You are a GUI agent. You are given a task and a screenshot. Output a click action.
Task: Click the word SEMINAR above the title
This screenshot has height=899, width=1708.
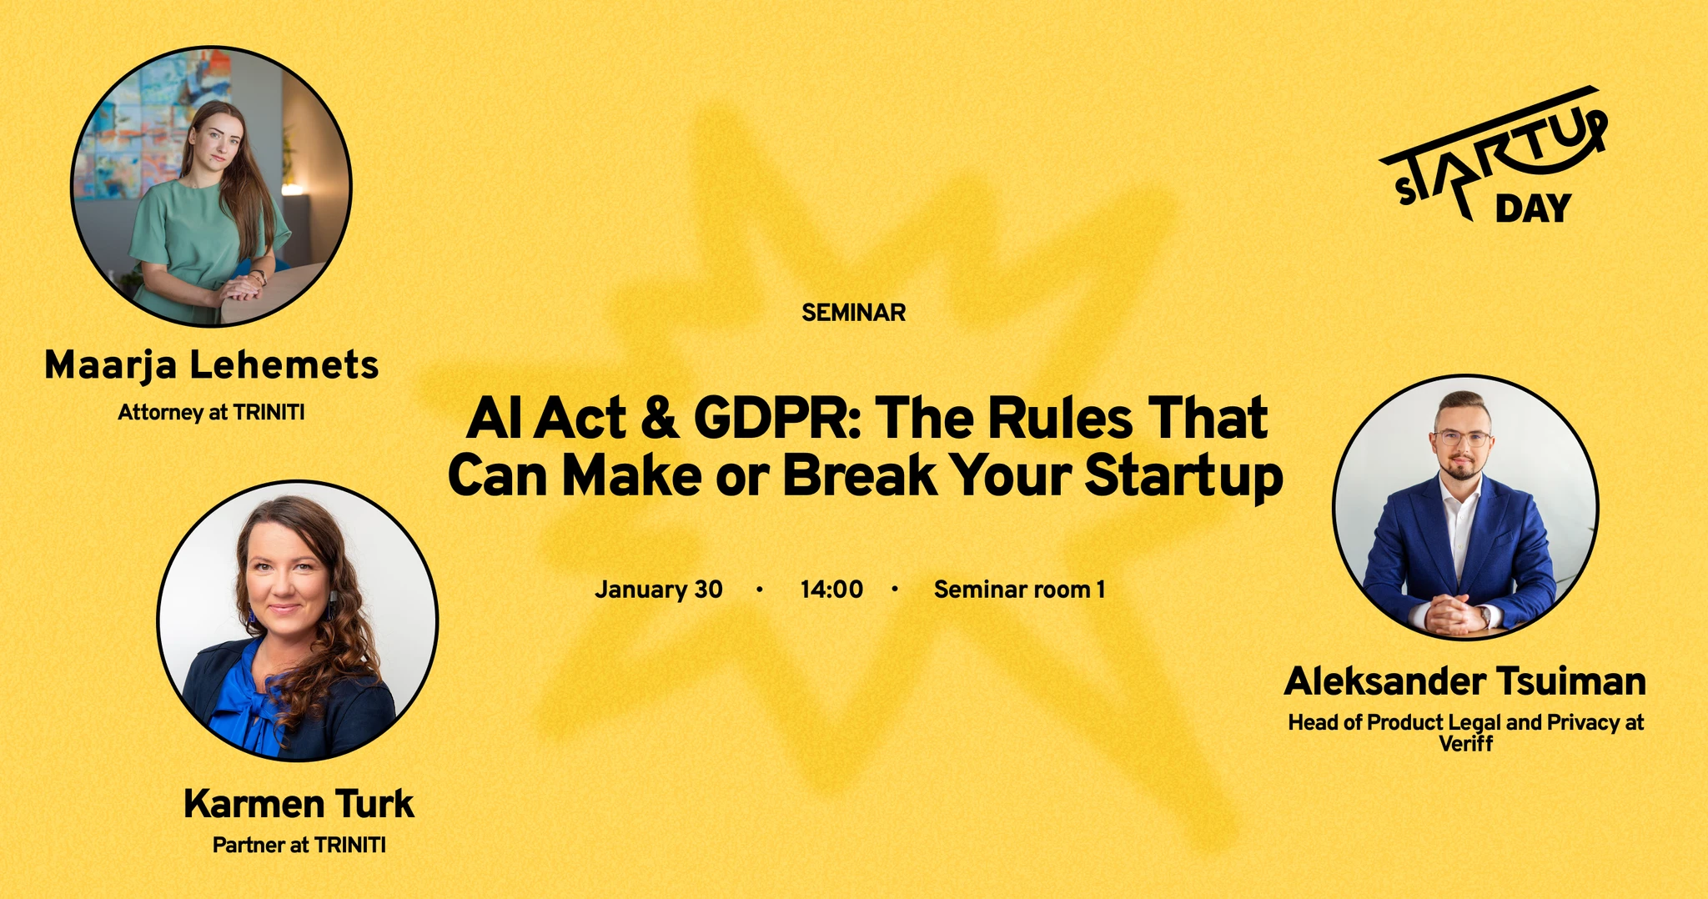tap(853, 313)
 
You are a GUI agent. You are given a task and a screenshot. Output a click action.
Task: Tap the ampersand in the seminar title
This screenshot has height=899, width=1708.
tap(660, 419)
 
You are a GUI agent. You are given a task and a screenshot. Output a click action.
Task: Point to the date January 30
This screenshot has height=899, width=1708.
tap(659, 590)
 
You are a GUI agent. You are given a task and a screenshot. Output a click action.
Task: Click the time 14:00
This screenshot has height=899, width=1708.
tap(831, 590)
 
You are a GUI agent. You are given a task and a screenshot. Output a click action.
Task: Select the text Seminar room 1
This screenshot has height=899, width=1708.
tap(1019, 590)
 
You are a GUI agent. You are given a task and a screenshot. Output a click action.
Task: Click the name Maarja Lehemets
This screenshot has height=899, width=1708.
tap(212, 365)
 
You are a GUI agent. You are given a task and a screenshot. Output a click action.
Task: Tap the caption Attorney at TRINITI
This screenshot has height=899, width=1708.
tap(211, 412)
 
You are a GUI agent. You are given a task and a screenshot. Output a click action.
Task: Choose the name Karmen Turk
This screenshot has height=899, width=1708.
tap(299, 804)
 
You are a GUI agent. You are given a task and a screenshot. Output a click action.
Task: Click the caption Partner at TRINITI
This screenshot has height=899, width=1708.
tap(299, 845)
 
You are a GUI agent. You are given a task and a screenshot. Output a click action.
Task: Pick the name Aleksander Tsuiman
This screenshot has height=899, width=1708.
tap(1464, 681)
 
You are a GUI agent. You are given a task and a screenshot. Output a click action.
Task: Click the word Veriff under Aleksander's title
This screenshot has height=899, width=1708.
tap(1465, 743)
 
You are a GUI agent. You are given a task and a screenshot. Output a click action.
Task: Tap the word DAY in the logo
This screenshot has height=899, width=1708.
tap(1533, 208)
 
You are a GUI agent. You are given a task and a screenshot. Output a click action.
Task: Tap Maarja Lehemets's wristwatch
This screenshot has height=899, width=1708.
tap(260, 276)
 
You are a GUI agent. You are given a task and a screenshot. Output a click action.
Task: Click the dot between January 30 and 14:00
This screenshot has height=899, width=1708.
tap(759, 590)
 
